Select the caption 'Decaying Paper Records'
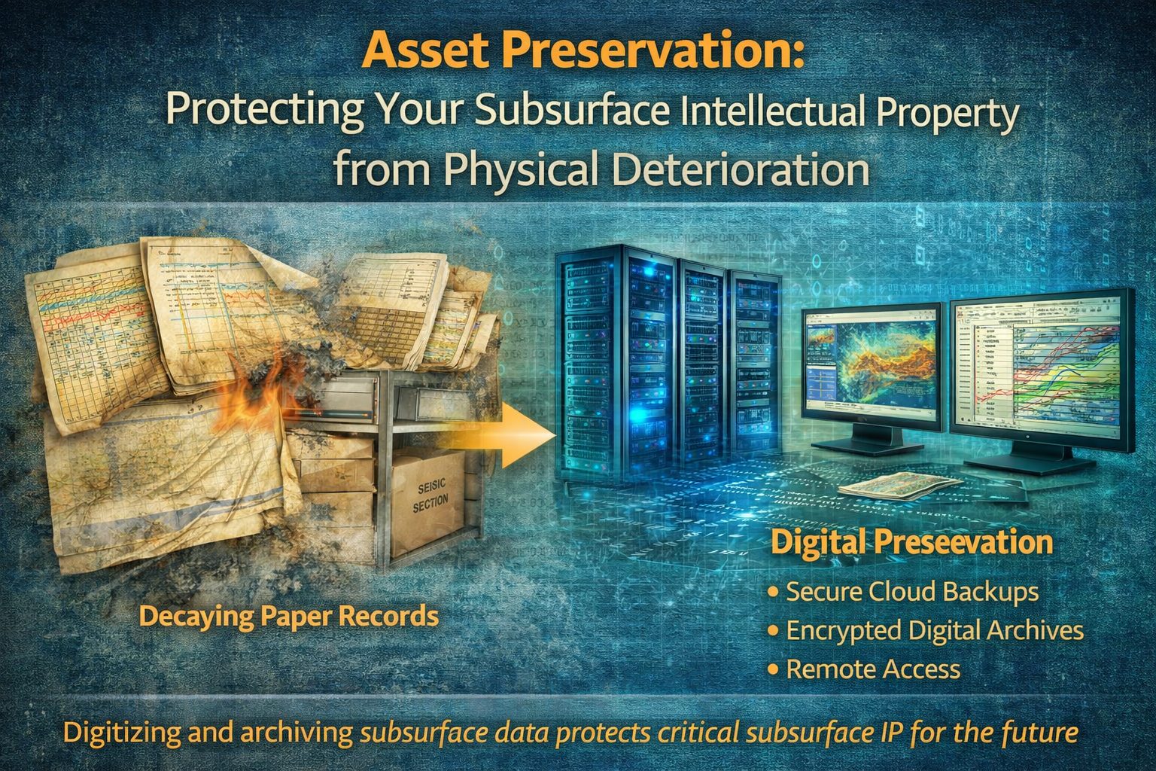(289, 617)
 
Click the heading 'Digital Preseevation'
(912, 543)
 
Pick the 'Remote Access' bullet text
(873, 669)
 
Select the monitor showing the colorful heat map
(870, 369)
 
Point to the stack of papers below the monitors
(899, 486)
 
